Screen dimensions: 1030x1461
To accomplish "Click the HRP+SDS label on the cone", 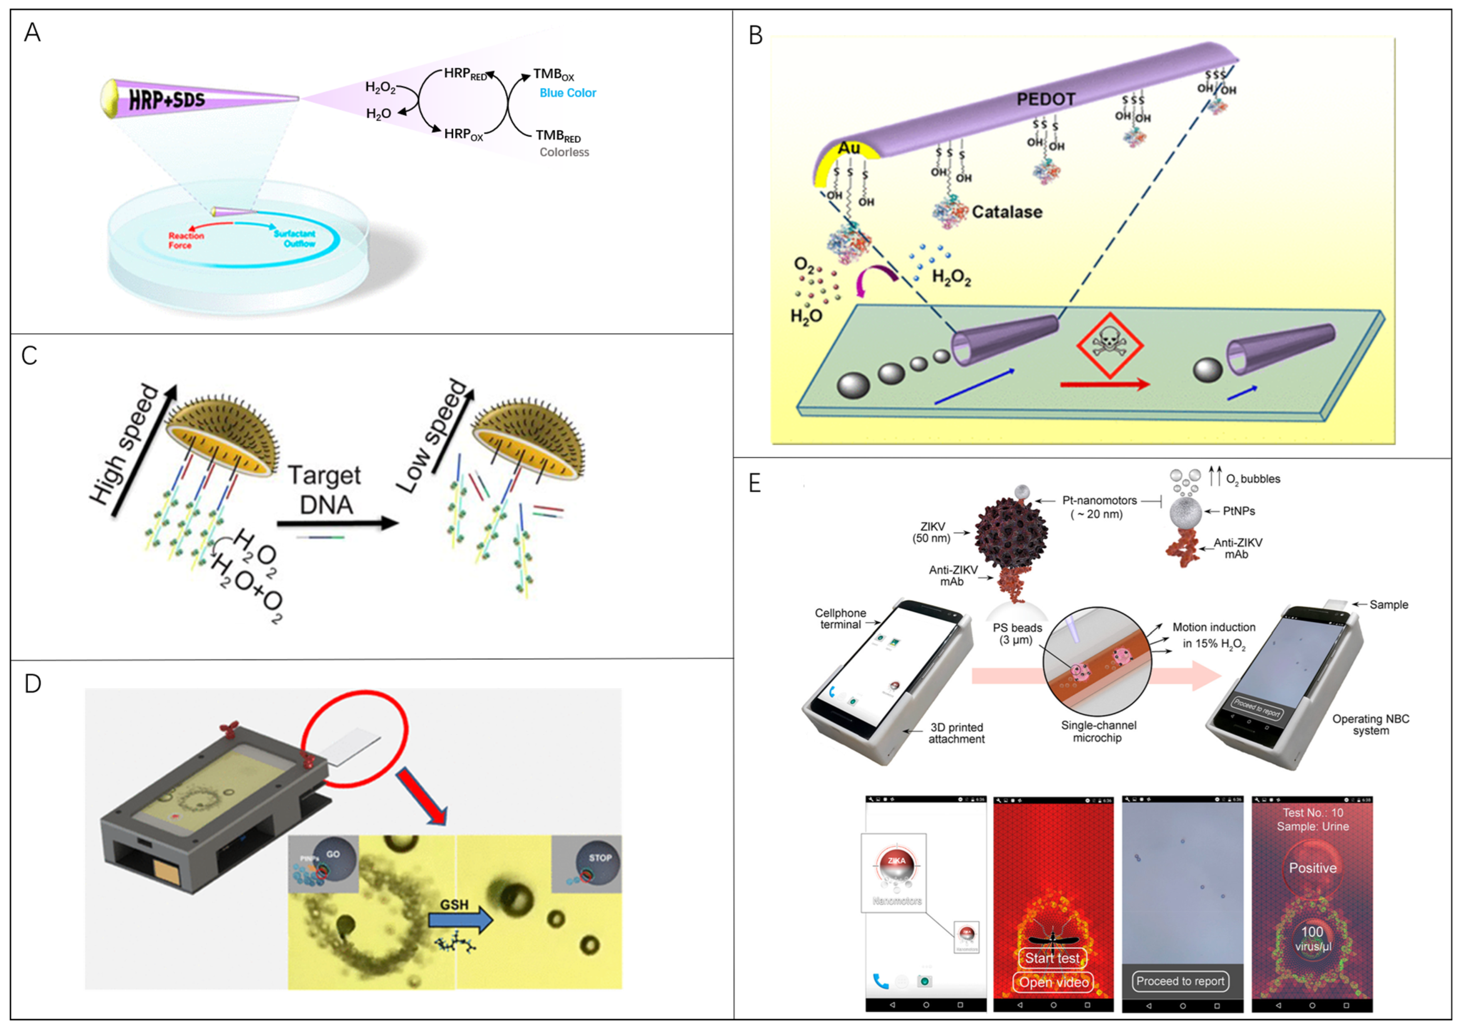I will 167,99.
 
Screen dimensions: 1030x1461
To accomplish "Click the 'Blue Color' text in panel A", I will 568,93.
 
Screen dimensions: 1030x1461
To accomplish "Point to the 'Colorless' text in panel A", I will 564,152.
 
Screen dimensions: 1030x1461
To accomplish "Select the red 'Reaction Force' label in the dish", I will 186,240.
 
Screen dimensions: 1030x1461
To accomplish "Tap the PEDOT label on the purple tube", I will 1045,99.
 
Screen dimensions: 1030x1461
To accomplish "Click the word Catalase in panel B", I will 1007,212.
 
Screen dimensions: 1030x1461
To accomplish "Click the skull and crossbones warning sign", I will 1110,345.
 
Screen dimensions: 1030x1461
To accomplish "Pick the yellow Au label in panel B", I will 849,148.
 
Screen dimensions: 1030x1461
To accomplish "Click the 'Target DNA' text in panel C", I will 325,490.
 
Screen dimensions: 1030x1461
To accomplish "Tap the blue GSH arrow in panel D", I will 460,919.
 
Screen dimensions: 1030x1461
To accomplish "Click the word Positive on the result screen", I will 1312,868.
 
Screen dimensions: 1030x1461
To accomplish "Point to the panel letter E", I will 755,483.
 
